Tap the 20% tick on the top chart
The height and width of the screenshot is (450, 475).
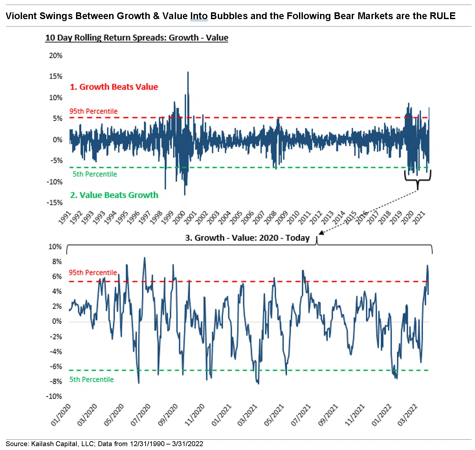(56, 55)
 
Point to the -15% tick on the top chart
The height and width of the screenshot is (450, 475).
(55, 202)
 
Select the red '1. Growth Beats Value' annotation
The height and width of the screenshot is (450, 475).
(114, 87)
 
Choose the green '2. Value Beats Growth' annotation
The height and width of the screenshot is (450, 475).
(114, 195)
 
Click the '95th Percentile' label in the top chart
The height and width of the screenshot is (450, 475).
(93, 111)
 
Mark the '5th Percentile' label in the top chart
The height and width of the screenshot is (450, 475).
(94, 174)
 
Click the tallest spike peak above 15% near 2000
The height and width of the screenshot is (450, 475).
(188, 73)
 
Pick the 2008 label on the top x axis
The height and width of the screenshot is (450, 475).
(271, 217)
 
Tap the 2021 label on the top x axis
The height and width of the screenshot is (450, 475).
(419, 217)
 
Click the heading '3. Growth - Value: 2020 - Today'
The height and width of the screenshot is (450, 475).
(247, 238)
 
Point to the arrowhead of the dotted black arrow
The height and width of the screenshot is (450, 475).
(321, 233)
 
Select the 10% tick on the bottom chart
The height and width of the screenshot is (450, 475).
(55, 247)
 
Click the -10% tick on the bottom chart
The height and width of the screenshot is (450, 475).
(54, 396)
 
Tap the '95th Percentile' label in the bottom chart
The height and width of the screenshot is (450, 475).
(93, 272)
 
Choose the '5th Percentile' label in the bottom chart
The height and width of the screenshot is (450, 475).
(92, 379)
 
